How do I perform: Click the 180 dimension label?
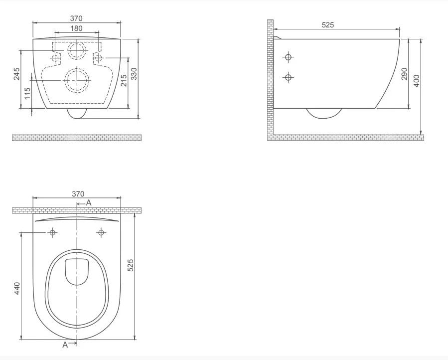(77, 28)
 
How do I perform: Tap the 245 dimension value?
(17, 74)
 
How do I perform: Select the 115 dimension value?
(27, 94)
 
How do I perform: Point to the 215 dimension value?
(124, 80)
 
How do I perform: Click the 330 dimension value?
(134, 74)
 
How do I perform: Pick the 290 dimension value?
(404, 74)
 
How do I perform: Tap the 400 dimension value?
(416, 81)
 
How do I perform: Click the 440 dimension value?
(17, 288)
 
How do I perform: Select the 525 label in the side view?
(328, 25)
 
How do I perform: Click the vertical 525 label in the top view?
(130, 265)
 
